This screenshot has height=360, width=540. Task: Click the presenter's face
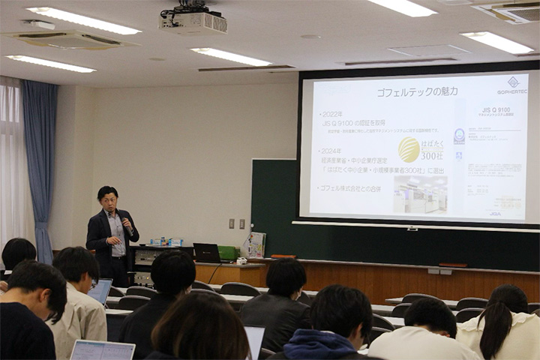109,203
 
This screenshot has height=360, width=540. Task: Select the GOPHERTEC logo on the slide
512,85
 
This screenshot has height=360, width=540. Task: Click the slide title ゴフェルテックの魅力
407,91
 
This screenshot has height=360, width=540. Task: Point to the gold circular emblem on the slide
409,149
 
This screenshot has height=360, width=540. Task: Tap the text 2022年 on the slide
331,113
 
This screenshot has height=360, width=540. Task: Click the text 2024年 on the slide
331,150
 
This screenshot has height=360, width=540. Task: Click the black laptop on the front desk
206,253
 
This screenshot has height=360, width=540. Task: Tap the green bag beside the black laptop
228,253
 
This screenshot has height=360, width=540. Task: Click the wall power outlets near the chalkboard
236,223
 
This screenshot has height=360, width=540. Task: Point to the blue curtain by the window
39,157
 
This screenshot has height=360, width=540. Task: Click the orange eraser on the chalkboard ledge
283,256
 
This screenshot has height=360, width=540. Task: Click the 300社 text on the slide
431,154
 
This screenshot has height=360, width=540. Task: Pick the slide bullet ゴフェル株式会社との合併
350,188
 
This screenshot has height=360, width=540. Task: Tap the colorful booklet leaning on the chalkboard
256,244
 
